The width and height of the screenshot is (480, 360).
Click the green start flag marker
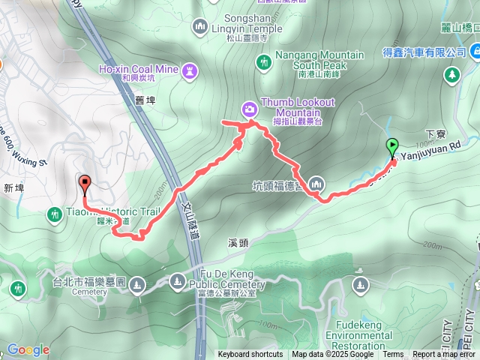[391, 146]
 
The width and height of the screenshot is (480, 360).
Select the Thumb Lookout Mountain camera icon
[249, 109]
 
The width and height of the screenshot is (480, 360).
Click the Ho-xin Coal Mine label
[137, 69]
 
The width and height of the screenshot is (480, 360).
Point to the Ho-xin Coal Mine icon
[190, 70]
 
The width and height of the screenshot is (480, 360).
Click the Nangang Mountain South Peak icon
[263, 61]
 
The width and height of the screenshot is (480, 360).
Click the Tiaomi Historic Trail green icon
[54, 215]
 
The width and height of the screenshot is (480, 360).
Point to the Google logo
[28, 349]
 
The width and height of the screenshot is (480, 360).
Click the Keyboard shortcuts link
[250, 354]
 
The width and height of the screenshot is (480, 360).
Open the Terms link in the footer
[393, 354]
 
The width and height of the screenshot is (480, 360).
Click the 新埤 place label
[14, 188]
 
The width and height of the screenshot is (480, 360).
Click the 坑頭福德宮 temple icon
[316, 184]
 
